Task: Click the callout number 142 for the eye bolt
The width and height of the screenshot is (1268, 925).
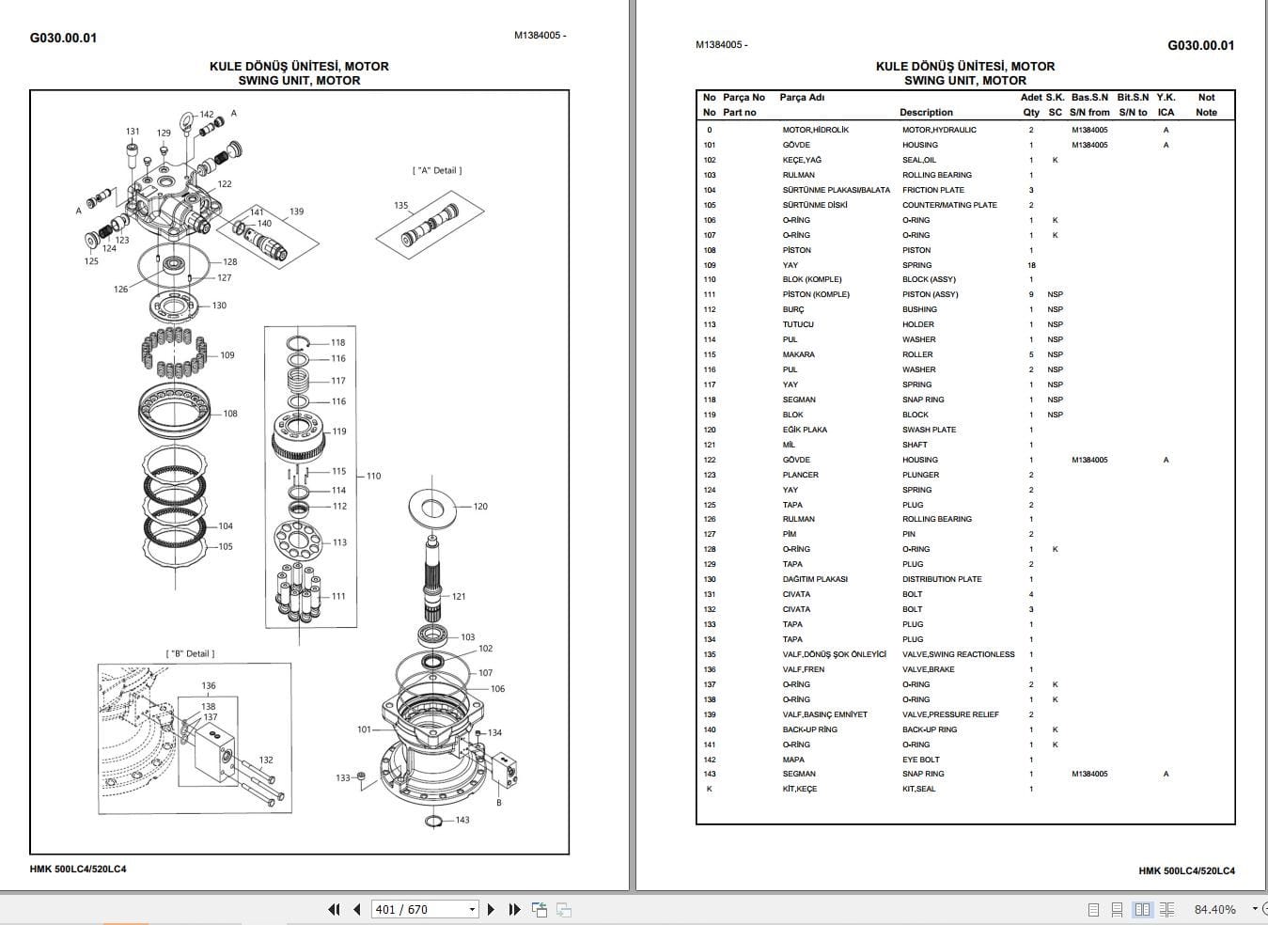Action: [x=207, y=115]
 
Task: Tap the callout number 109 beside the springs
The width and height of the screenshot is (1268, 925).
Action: [x=227, y=355]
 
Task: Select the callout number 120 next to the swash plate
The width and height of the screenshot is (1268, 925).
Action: [x=480, y=507]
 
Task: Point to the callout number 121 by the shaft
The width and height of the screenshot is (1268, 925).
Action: [x=459, y=597]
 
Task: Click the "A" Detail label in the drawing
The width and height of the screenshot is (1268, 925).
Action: [x=437, y=171]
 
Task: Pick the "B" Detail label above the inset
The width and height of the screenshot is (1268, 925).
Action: [x=190, y=654]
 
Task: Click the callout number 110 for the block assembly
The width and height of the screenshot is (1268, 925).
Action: [x=373, y=477]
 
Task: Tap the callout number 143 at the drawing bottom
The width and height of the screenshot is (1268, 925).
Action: [x=462, y=821]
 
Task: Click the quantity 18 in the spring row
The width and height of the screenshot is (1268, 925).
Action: [x=1031, y=265]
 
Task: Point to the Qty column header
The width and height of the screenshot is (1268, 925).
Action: [x=1031, y=112]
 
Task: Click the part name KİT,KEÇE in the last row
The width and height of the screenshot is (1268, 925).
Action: [x=799, y=789]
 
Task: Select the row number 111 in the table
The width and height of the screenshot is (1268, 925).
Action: [x=710, y=294]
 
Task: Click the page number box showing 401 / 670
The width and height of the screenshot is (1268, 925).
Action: [x=425, y=909]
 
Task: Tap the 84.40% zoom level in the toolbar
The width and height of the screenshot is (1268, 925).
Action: [x=1214, y=909]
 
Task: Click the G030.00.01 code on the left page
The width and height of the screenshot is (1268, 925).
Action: [x=63, y=38]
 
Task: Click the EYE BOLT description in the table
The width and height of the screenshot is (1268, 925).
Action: [x=920, y=760]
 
